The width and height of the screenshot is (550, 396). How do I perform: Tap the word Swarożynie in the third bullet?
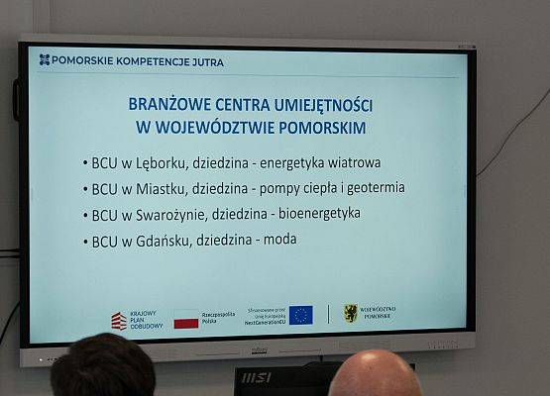[x=162, y=214]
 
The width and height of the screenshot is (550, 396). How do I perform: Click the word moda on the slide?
[x=279, y=240]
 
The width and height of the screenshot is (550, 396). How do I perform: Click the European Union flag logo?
[x=300, y=315]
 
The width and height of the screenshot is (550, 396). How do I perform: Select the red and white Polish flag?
[x=186, y=320]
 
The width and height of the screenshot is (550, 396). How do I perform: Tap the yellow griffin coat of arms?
[x=350, y=313]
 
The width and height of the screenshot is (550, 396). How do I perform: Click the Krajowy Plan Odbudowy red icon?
[x=119, y=321]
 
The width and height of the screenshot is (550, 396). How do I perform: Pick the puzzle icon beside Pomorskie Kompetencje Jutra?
[x=45, y=60]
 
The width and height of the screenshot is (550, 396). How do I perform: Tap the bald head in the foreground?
[x=375, y=376]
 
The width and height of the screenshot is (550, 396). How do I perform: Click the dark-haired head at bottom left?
[x=103, y=368]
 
